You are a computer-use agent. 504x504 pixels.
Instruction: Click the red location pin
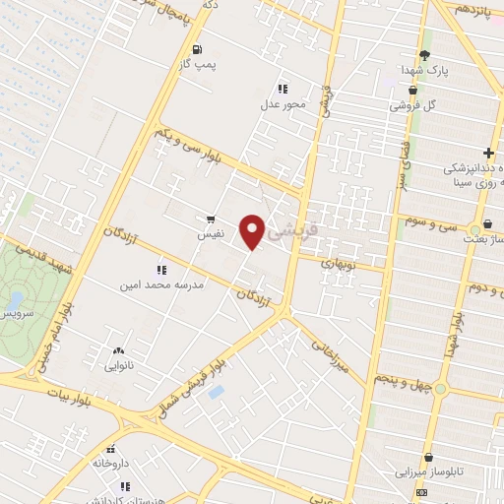click(x=253, y=230)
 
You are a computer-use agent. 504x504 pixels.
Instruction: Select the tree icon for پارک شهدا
click(x=424, y=55)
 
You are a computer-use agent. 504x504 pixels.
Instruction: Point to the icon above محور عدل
click(x=283, y=89)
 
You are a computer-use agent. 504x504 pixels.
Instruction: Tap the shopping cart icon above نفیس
click(x=211, y=220)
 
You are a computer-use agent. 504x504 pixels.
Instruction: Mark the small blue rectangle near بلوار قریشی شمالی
click(x=217, y=392)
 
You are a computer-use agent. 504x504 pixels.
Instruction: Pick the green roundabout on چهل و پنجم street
click(x=439, y=389)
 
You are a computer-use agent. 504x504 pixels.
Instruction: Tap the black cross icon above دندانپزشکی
click(x=488, y=153)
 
